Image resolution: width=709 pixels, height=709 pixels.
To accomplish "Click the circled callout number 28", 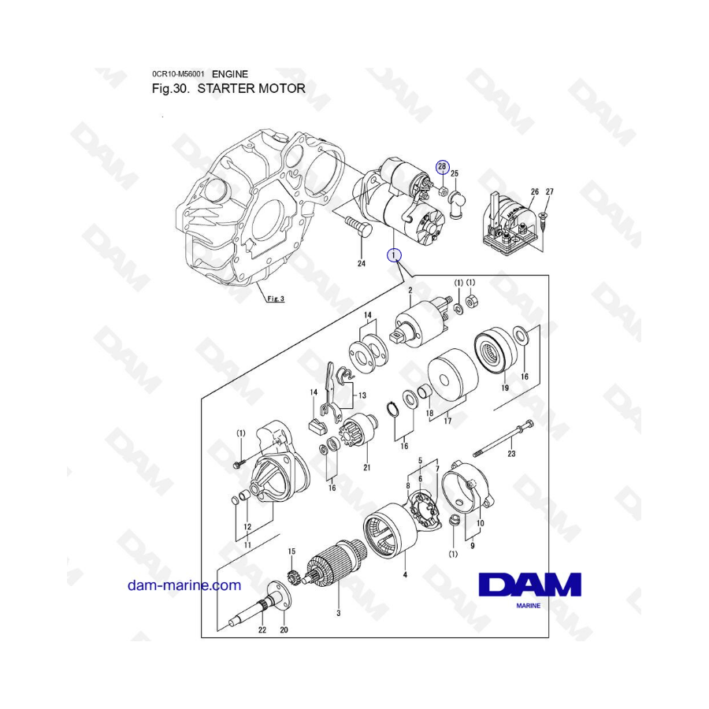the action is (442, 167).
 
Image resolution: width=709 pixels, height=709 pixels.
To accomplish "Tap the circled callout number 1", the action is (394, 255).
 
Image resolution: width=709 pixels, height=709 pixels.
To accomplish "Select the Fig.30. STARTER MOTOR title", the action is (228, 88).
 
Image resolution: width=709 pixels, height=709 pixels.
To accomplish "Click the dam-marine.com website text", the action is (184, 585).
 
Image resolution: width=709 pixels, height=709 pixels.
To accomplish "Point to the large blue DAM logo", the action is (529, 585).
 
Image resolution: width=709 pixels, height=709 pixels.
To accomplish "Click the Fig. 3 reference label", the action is (276, 299).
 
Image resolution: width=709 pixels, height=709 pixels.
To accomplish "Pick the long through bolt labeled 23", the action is (503, 439).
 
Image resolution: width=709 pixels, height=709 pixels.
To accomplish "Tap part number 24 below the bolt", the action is (362, 263).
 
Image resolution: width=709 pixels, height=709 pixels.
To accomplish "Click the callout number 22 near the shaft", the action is (262, 629).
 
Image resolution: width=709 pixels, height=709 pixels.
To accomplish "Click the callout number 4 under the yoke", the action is (405, 575).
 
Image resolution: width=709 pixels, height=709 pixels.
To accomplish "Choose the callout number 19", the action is (505, 388).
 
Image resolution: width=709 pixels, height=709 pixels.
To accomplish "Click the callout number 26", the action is (535, 191).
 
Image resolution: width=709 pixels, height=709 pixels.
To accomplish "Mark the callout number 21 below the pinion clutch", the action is (366, 467).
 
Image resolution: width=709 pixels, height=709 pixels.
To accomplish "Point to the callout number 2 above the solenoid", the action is (410, 290).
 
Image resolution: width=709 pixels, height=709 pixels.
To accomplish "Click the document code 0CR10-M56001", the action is (178, 74).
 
